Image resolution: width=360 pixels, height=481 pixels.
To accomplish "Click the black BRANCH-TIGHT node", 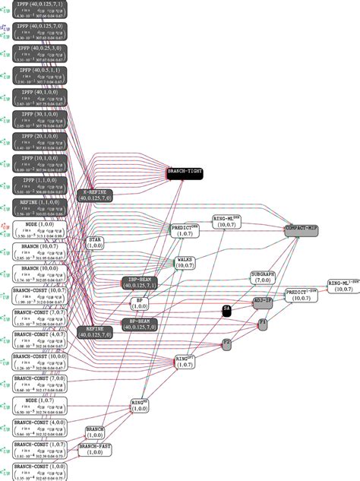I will [185, 173].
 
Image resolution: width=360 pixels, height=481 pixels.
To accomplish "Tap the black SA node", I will [226, 309].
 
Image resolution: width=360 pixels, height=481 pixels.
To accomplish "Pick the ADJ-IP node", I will [263, 302].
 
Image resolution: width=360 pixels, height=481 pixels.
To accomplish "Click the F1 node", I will [263, 323].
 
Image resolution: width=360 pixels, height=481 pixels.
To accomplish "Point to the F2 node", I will [226, 343].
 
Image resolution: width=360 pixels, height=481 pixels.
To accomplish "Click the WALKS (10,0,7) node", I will [185, 263].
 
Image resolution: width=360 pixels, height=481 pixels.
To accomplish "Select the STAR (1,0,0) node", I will [96, 242].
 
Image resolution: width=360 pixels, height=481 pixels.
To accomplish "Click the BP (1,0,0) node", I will [140, 302].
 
